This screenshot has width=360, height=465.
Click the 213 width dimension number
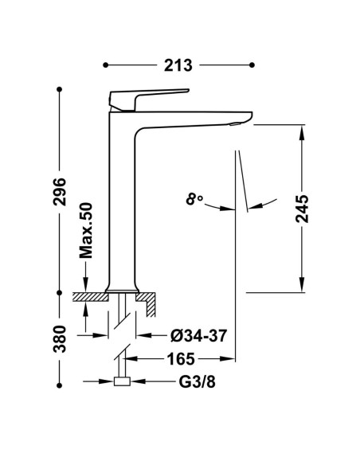pyautogui.click(x=178, y=65)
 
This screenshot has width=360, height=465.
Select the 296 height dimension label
pyautogui.click(x=60, y=192)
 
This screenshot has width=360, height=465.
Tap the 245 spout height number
pyautogui.click(x=302, y=209)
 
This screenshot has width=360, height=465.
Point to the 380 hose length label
pyautogui.click(x=60, y=338)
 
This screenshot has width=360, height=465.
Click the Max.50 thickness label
pyautogui.click(x=86, y=230)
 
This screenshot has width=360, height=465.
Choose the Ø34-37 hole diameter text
pyautogui.click(x=198, y=336)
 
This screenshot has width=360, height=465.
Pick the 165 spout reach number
pyautogui.click(x=181, y=359)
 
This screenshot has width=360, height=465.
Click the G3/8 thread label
pyautogui.click(x=197, y=382)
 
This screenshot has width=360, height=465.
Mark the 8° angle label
pyautogui.click(x=194, y=199)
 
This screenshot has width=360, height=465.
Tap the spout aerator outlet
pyautogui.click(x=236, y=124)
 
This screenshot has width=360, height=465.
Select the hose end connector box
pyautogui.click(x=122, y=381)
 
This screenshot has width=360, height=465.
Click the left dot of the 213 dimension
pyautogui.click(x=106, y=65)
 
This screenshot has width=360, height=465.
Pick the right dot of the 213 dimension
pyautogui.click(x=252, y=65)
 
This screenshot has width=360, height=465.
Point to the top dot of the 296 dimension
pyautogui.click(x=59, y=89)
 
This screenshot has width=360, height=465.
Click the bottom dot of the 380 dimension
pyautogui.click(x=59, y=385)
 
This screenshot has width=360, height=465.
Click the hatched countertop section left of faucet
pyautogui.click(x=90, y=297)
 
